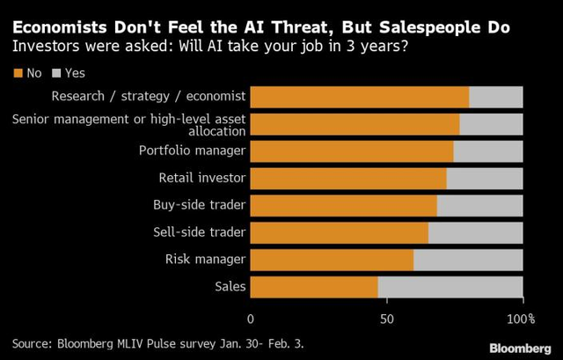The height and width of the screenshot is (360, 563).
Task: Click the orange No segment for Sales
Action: coord(314,287)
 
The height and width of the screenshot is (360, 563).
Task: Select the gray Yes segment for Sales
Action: coord(450,287)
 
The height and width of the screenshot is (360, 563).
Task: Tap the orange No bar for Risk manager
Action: coord(332,260)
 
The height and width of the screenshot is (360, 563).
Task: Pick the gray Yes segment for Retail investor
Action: coord(485,179)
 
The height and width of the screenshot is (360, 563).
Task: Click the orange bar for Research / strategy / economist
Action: coord(360,97)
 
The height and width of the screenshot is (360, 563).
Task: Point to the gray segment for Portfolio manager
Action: coord(488,151)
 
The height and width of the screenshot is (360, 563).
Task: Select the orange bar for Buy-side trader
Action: coord(344,206)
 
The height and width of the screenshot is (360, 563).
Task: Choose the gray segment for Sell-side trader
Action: coord(476,232)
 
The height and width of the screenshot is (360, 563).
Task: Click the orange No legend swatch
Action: coord(17,73)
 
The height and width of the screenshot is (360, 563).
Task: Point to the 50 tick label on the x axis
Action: coord(387,319)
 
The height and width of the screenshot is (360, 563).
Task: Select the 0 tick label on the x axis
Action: coord(252,319)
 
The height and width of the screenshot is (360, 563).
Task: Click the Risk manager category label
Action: coord(205,260)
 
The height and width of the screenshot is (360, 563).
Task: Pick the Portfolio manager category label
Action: coord(192,151)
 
